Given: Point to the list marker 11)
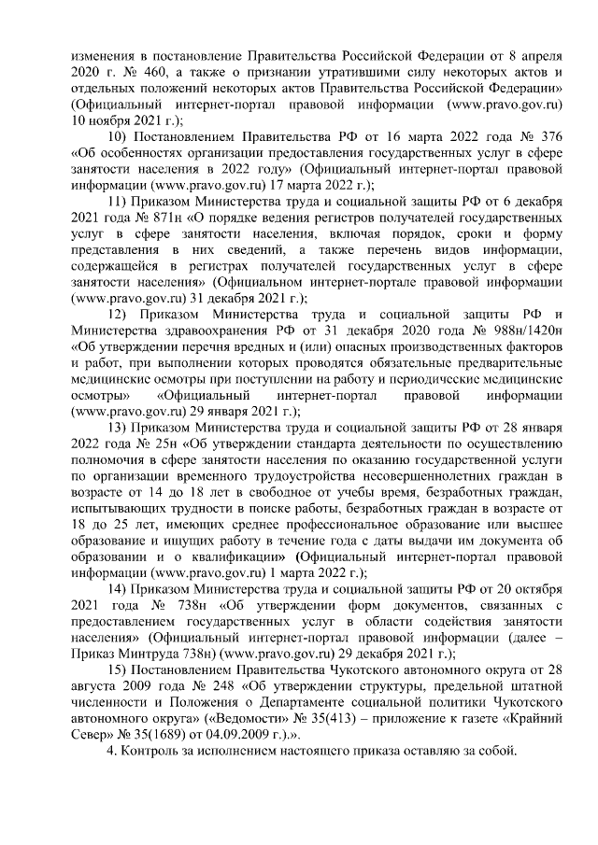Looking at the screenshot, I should click(x=121, y=204).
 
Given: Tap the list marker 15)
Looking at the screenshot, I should click(x=121, y=675).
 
